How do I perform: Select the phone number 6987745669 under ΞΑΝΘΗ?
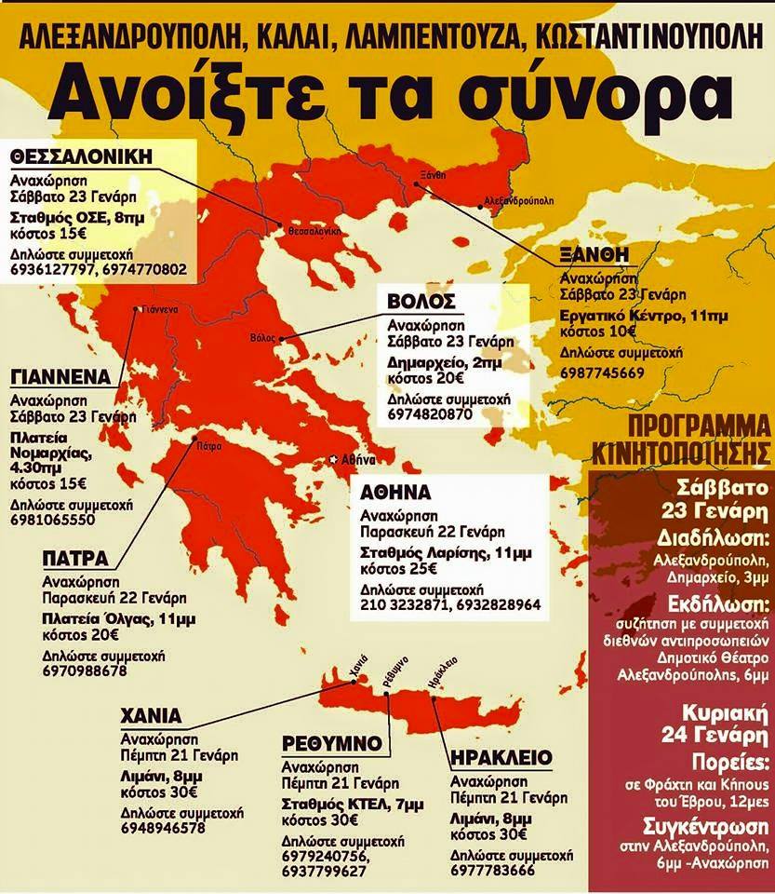[602, 372]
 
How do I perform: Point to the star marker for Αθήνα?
[335, 459]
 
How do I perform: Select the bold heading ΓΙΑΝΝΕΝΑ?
[64, 377]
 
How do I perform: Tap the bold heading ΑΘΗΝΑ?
[399, 493]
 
